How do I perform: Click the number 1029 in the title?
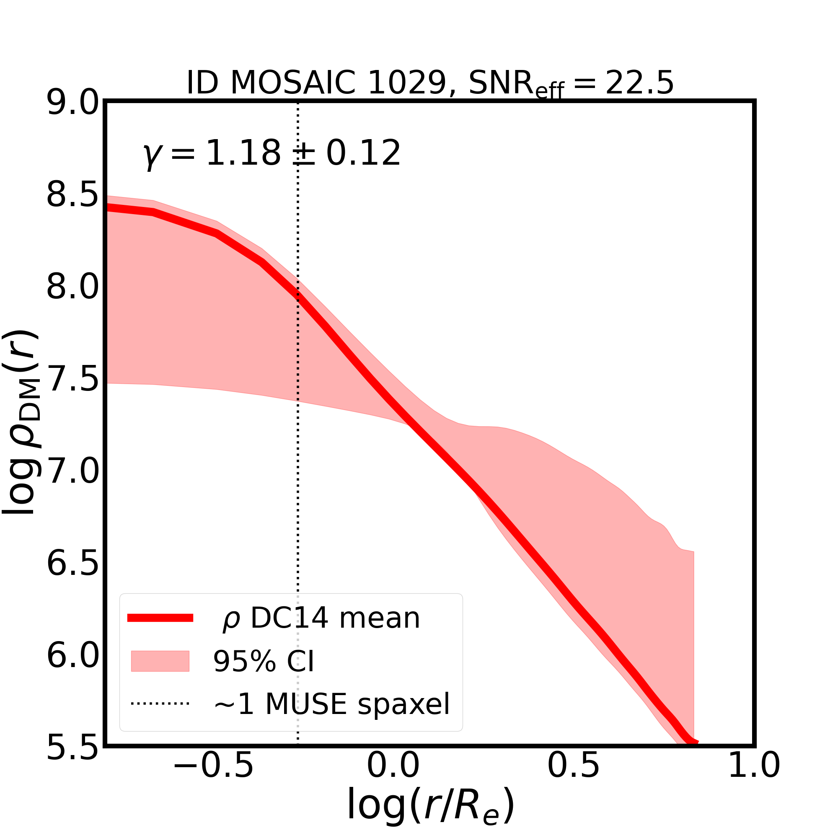pos(407,83)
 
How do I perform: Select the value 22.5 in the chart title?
pos(639,83)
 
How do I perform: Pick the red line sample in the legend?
pos(160,618)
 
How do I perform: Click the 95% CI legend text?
pos(263,662)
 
